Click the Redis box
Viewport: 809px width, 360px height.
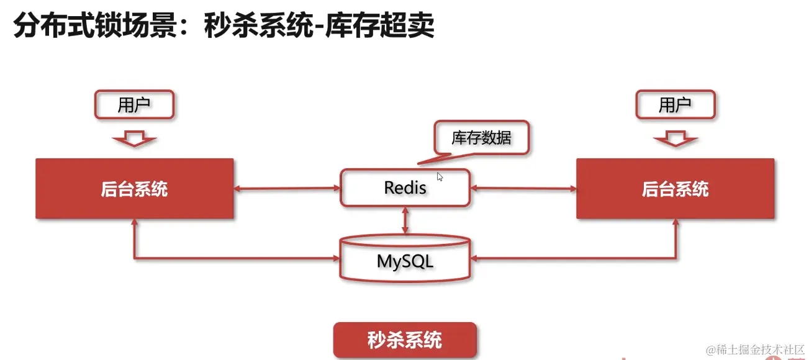[405, 187]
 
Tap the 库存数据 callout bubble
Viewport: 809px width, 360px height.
[481, 138]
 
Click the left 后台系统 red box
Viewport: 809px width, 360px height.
[135, 189]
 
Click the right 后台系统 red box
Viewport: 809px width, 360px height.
[675, 189]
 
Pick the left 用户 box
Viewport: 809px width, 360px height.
[134, 105]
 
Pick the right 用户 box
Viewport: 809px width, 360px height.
[675, 105]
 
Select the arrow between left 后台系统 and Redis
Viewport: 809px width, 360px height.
[287, 188]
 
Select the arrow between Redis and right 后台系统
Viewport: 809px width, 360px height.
[523, 188]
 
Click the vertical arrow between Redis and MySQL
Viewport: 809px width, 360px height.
[405, 220]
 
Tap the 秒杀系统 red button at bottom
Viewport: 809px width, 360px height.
[405, 340]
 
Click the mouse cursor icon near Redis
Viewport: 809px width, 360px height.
[440, 177]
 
